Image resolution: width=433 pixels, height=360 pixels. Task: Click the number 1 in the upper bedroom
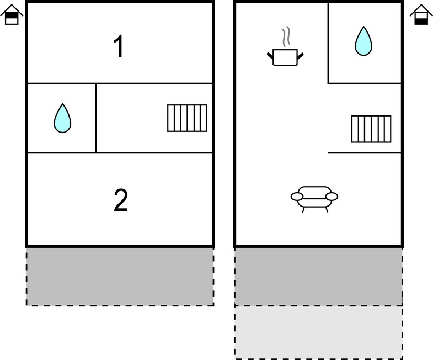(119, 46)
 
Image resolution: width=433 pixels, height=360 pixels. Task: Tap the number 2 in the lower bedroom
(121, 200)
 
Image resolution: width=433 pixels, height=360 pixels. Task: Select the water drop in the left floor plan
(62, 118)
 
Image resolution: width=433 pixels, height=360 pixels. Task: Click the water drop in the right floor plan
(363, 41)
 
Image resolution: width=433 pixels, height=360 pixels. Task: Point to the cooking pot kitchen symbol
(285, 57)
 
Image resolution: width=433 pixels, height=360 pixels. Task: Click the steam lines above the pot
(286, 36)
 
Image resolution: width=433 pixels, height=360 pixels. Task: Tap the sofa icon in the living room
(314, 199)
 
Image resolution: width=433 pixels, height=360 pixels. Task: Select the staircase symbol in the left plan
(187, 118)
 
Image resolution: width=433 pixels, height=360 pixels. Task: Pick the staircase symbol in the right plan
(371, 129)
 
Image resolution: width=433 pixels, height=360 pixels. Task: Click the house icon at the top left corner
(12, 15)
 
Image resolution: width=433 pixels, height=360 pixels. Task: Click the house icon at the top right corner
(421, 15)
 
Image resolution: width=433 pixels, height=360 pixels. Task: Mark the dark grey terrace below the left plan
(120, 277)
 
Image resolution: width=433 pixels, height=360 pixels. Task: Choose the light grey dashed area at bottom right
(318, 332)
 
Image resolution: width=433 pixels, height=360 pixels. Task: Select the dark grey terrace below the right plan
(318, 277)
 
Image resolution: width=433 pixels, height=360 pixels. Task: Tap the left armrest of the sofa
(297, 197)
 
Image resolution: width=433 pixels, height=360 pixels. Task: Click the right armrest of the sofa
(332, 197)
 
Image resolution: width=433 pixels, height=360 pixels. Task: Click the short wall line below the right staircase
(365, 152)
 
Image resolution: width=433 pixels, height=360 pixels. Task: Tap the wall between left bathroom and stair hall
(96, 118)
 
